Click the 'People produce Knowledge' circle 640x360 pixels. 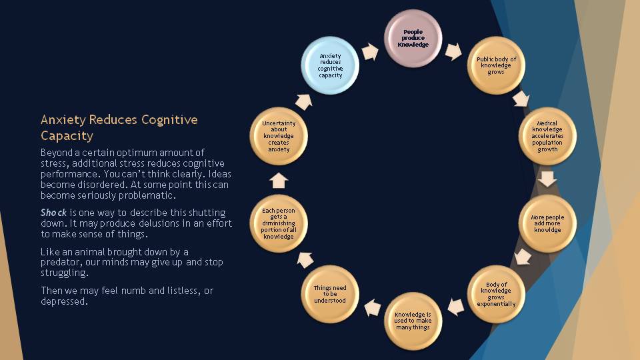pos(413,38)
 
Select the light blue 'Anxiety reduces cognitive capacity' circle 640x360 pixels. pos(330,65)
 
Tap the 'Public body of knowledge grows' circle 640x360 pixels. pos(496,65)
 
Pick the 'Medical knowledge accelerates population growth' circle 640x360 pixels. pos(547,135)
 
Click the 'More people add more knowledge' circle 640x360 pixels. pos(547,223)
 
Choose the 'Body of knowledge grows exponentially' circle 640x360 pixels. pos(496,294)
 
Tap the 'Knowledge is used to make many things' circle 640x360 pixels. pos(413,321)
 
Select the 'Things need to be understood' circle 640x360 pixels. pos(330,294)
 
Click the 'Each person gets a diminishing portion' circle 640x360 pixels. pos(279,223)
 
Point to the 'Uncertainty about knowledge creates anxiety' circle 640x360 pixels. pos(279,135)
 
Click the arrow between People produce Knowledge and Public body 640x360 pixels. pos(454,51)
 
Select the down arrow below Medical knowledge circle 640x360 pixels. pos(547,179)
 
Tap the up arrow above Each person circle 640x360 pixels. pos(279,180)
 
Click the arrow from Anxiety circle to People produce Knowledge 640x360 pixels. pos(370,51)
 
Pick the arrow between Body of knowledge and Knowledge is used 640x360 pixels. pos(455,307)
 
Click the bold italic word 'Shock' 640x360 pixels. pos(53,213)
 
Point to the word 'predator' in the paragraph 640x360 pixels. pos(63,263)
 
